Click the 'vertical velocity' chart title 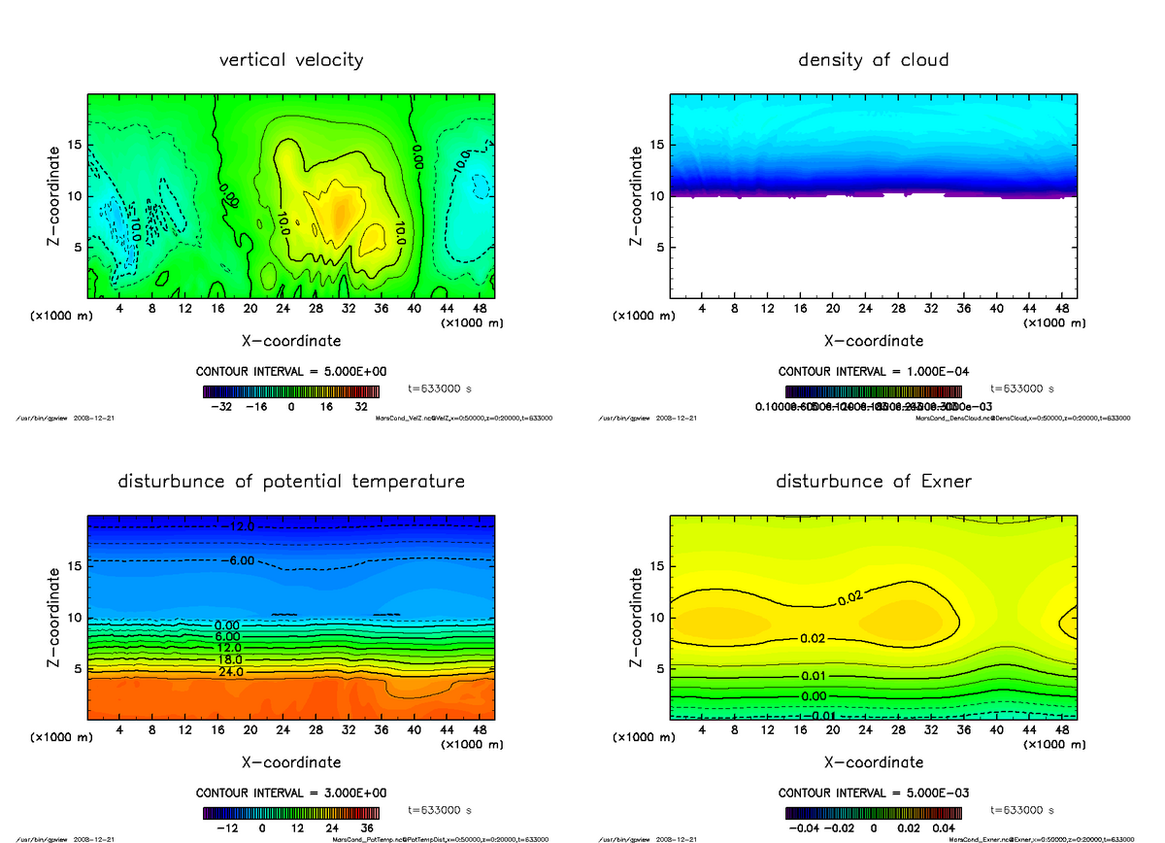(291, 60)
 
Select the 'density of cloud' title (873, 60)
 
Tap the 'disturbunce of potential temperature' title (291, 482)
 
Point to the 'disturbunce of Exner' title (873, 482)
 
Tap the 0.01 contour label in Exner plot (814, 675)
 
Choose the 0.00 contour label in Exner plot (814, 696)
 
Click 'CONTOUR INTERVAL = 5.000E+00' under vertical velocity (291, 371)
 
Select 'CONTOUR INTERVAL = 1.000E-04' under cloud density (873, 371)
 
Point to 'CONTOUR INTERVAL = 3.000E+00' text (291, 792)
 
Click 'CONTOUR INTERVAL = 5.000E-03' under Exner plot (873, 792)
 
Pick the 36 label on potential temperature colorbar (368, 828)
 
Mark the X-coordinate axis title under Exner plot (873, 762)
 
